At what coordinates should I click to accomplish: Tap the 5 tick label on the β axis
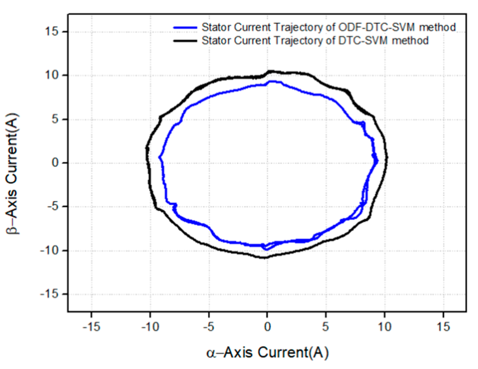(x=55, y=119)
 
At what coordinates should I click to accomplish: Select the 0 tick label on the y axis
(x=55, y=163)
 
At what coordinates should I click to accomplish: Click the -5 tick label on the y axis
(x=53, y=207)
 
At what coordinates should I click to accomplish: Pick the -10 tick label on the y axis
(x=49, y=250)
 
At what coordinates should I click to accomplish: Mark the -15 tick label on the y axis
(x=49, y=294)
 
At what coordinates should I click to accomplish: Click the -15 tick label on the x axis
(x=91, y=327)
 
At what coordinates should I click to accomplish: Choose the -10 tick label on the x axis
(x=150, y=327)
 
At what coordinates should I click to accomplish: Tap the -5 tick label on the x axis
(x=209, y=327)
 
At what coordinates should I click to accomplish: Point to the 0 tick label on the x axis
(x=267, y=327)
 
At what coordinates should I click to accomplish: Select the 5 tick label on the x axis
(x=326, y=327)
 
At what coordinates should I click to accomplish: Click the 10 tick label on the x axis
(x=384, y=327)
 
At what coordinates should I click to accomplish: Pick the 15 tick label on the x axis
(x=443, y=327)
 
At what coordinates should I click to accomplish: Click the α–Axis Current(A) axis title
(x=267, y=352)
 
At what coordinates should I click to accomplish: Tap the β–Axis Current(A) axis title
(x=13, y=174)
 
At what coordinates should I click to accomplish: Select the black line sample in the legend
(x=185, y=41)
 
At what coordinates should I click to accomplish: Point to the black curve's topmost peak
(x=271, y=71)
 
